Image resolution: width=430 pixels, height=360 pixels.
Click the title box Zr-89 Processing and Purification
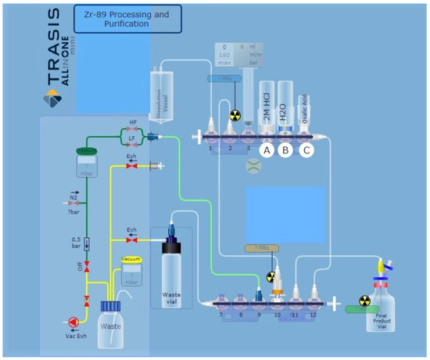pos(127,18)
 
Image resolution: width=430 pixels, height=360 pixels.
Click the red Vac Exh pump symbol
pos(73,321)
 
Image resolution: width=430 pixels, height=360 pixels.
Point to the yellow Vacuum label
pos(131,258)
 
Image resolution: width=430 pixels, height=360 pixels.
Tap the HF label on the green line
pos(133,124)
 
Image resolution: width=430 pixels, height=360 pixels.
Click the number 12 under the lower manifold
pos(314,315)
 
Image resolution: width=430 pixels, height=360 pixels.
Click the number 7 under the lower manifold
pos(221,315)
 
